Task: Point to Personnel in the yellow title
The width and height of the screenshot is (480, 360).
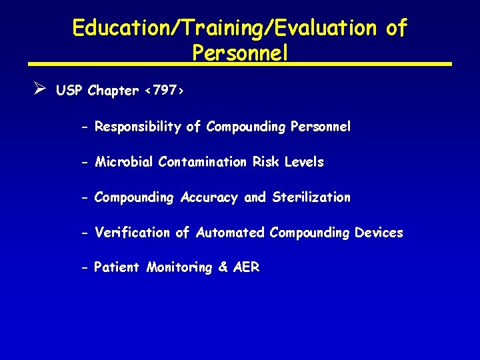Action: click(x=240, y=53)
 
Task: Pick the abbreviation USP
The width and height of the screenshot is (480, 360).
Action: click(x=69, y=91)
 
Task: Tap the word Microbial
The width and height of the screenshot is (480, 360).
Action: click(x=124, y=162)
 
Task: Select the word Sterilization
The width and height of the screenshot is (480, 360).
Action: click(x=311, y=197)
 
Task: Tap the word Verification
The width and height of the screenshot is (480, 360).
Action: click(x=132, y=233)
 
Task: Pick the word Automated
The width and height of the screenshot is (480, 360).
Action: click(x=230, y=233)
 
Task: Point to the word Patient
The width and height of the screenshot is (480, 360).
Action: click(x=117, y=268)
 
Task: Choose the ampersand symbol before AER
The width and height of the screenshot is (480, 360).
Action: click(x=223, y=268)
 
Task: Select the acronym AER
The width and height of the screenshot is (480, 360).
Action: click(x=246, y=268)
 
